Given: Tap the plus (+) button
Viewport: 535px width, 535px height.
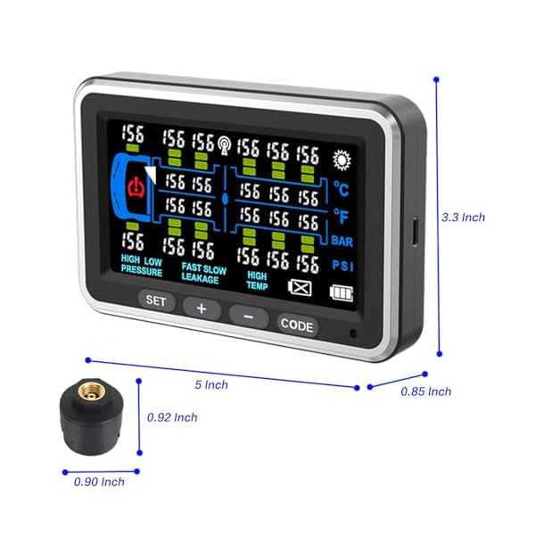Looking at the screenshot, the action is tap(202, 309).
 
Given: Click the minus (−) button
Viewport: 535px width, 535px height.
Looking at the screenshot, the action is tap(249, 316).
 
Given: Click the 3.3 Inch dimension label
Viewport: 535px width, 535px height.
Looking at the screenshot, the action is tap(463, 217).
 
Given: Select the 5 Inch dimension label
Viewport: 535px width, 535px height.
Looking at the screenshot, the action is tap(211, 384).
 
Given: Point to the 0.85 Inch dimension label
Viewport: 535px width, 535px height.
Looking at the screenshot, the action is tap(426, 391).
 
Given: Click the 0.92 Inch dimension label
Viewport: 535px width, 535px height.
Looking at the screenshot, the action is tap(172, 416).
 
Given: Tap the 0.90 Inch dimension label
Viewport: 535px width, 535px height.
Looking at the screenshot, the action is tap(99, 481).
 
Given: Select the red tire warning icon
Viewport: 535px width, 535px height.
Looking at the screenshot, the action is tap(136, 187).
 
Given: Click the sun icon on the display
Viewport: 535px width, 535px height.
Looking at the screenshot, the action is tap(341, 160).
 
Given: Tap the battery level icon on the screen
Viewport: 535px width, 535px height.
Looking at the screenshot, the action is tap(340, 292).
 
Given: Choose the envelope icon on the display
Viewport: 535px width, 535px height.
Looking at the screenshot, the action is tap(300, 288).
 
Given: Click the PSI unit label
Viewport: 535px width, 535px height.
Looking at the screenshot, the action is tap(342, 265).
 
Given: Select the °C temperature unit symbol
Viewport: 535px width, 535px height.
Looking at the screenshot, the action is tap(342, 188).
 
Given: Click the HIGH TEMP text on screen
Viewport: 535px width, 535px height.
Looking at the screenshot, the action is tap(258, 280).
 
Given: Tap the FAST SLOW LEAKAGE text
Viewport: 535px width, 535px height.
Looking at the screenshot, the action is tap(204, 272).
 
